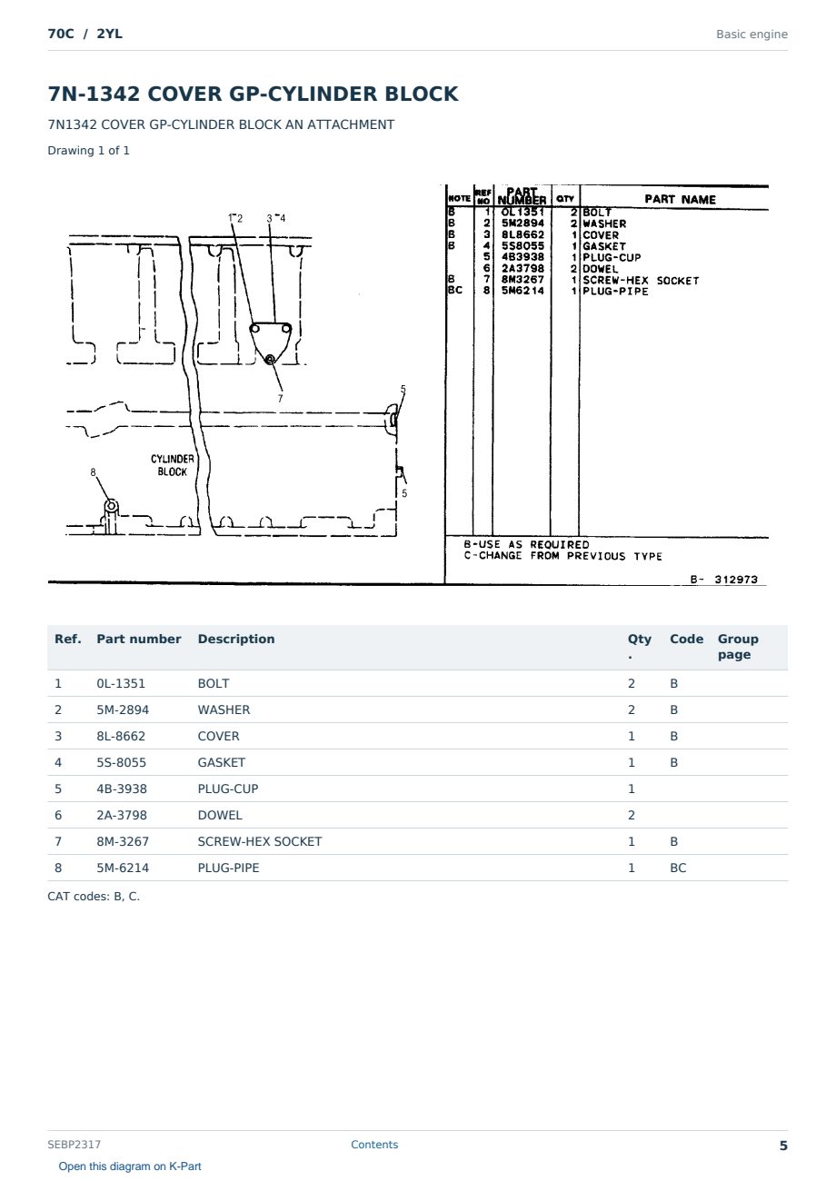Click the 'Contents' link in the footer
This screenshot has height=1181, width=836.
[374, 1144]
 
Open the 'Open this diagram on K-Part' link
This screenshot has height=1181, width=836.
[130, 1166]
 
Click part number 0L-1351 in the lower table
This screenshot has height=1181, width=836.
[120, 683]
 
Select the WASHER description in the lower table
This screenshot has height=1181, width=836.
[224, 710]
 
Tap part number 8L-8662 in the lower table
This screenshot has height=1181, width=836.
[121, 736]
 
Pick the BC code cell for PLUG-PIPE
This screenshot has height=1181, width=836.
[678, 868]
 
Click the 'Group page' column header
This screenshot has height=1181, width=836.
[738, 647]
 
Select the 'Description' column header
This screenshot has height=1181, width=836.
[235, 639]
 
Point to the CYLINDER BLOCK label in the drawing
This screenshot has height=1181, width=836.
[173, 465]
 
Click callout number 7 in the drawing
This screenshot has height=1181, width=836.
[280, 399]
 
